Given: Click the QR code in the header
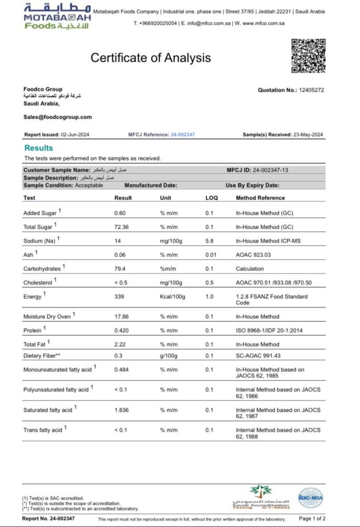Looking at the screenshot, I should (308, 56).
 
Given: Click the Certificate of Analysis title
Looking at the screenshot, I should (151, 58).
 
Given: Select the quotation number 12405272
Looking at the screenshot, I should (311, 90).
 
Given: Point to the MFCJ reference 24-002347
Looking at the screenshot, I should (183, 135).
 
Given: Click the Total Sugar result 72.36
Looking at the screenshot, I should (122, 227).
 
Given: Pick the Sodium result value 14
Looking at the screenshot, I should (118, 241).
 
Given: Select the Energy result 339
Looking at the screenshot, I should (119, 297).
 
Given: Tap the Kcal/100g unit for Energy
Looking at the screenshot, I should (172, 297).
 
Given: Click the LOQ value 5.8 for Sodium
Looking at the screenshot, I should (209, 241).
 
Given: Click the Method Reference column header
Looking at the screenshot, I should (260, 198).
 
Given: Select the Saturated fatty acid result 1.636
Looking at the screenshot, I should (122, 410).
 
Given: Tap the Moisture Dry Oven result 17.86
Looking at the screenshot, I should (122, 317).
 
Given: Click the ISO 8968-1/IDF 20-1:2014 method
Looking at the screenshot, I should (270, 330).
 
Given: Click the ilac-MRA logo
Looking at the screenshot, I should (310, 497).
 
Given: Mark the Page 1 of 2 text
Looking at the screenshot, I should (312, 519).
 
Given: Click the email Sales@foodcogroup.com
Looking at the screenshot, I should (57, 117).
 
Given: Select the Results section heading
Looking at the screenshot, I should (38, 148).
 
